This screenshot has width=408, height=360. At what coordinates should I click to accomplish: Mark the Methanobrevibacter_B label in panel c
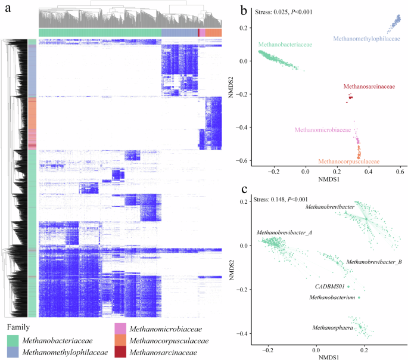(373, 262)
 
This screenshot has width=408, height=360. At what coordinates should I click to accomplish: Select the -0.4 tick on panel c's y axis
(244, 333)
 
